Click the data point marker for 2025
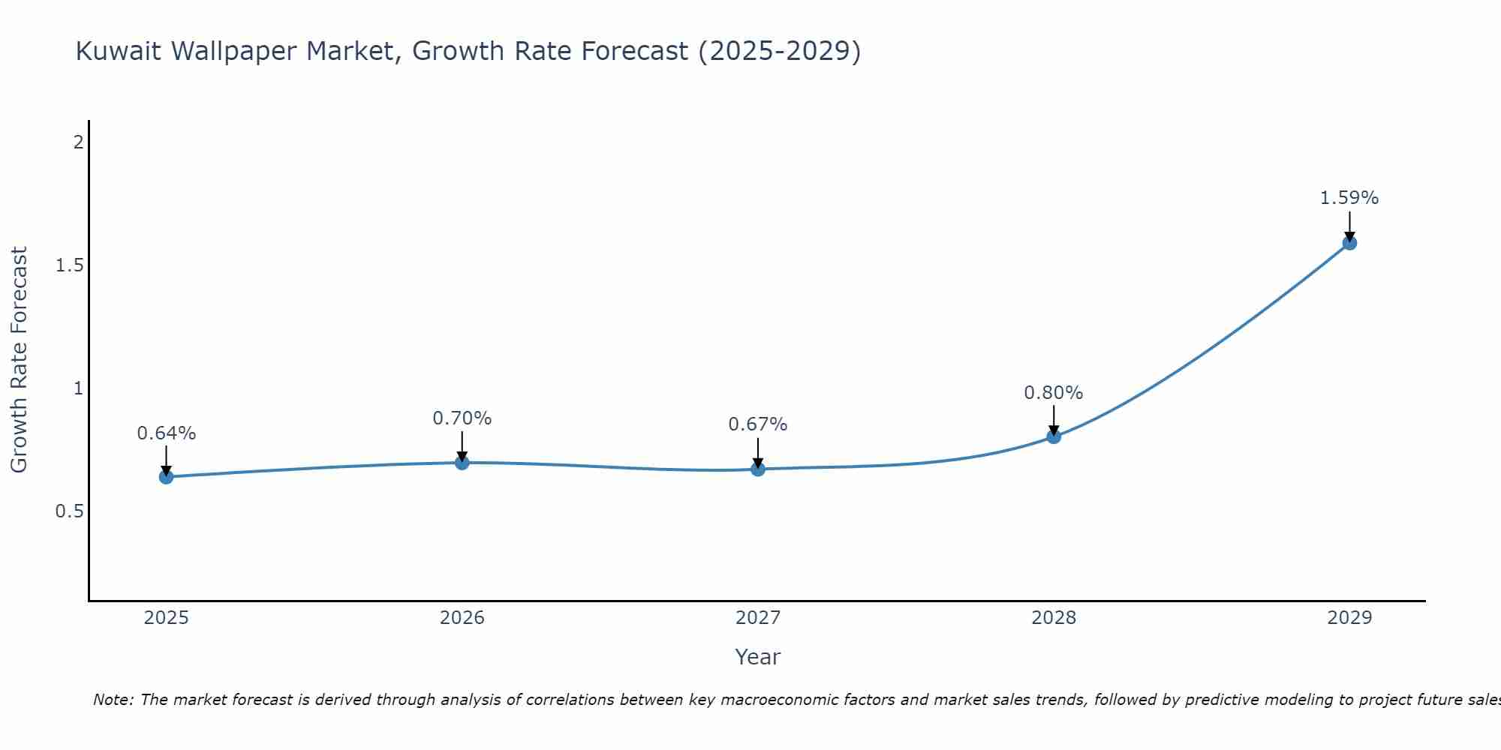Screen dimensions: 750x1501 coord(167,477)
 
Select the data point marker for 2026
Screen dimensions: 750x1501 coord(462,463)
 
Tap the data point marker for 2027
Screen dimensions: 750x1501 coord(758,469)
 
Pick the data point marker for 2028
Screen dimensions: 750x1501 coord(1054,436)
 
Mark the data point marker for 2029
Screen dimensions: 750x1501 coord(1349,243)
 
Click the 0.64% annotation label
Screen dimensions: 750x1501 coord(167,433)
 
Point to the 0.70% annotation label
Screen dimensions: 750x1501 coord(462,418)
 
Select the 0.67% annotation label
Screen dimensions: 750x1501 coord(758,424)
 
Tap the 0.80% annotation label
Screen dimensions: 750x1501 coord(1054,393)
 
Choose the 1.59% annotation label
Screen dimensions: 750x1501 coord(1349,198)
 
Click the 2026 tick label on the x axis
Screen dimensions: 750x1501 coord(462,618)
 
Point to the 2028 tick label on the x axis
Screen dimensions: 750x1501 coord(1054,618)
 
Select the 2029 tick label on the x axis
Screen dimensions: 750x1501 coord(1349,618)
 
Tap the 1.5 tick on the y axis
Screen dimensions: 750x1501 coord(69,265)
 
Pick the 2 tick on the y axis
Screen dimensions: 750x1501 coord(78,142)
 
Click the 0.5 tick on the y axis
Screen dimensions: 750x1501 coord(69,511)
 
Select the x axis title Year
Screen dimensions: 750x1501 coord(758,657)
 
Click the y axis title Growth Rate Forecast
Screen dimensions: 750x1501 coord(20,360)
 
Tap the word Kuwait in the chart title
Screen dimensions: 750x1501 coord(120,52)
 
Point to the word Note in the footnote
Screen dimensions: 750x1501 coord(113,700)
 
